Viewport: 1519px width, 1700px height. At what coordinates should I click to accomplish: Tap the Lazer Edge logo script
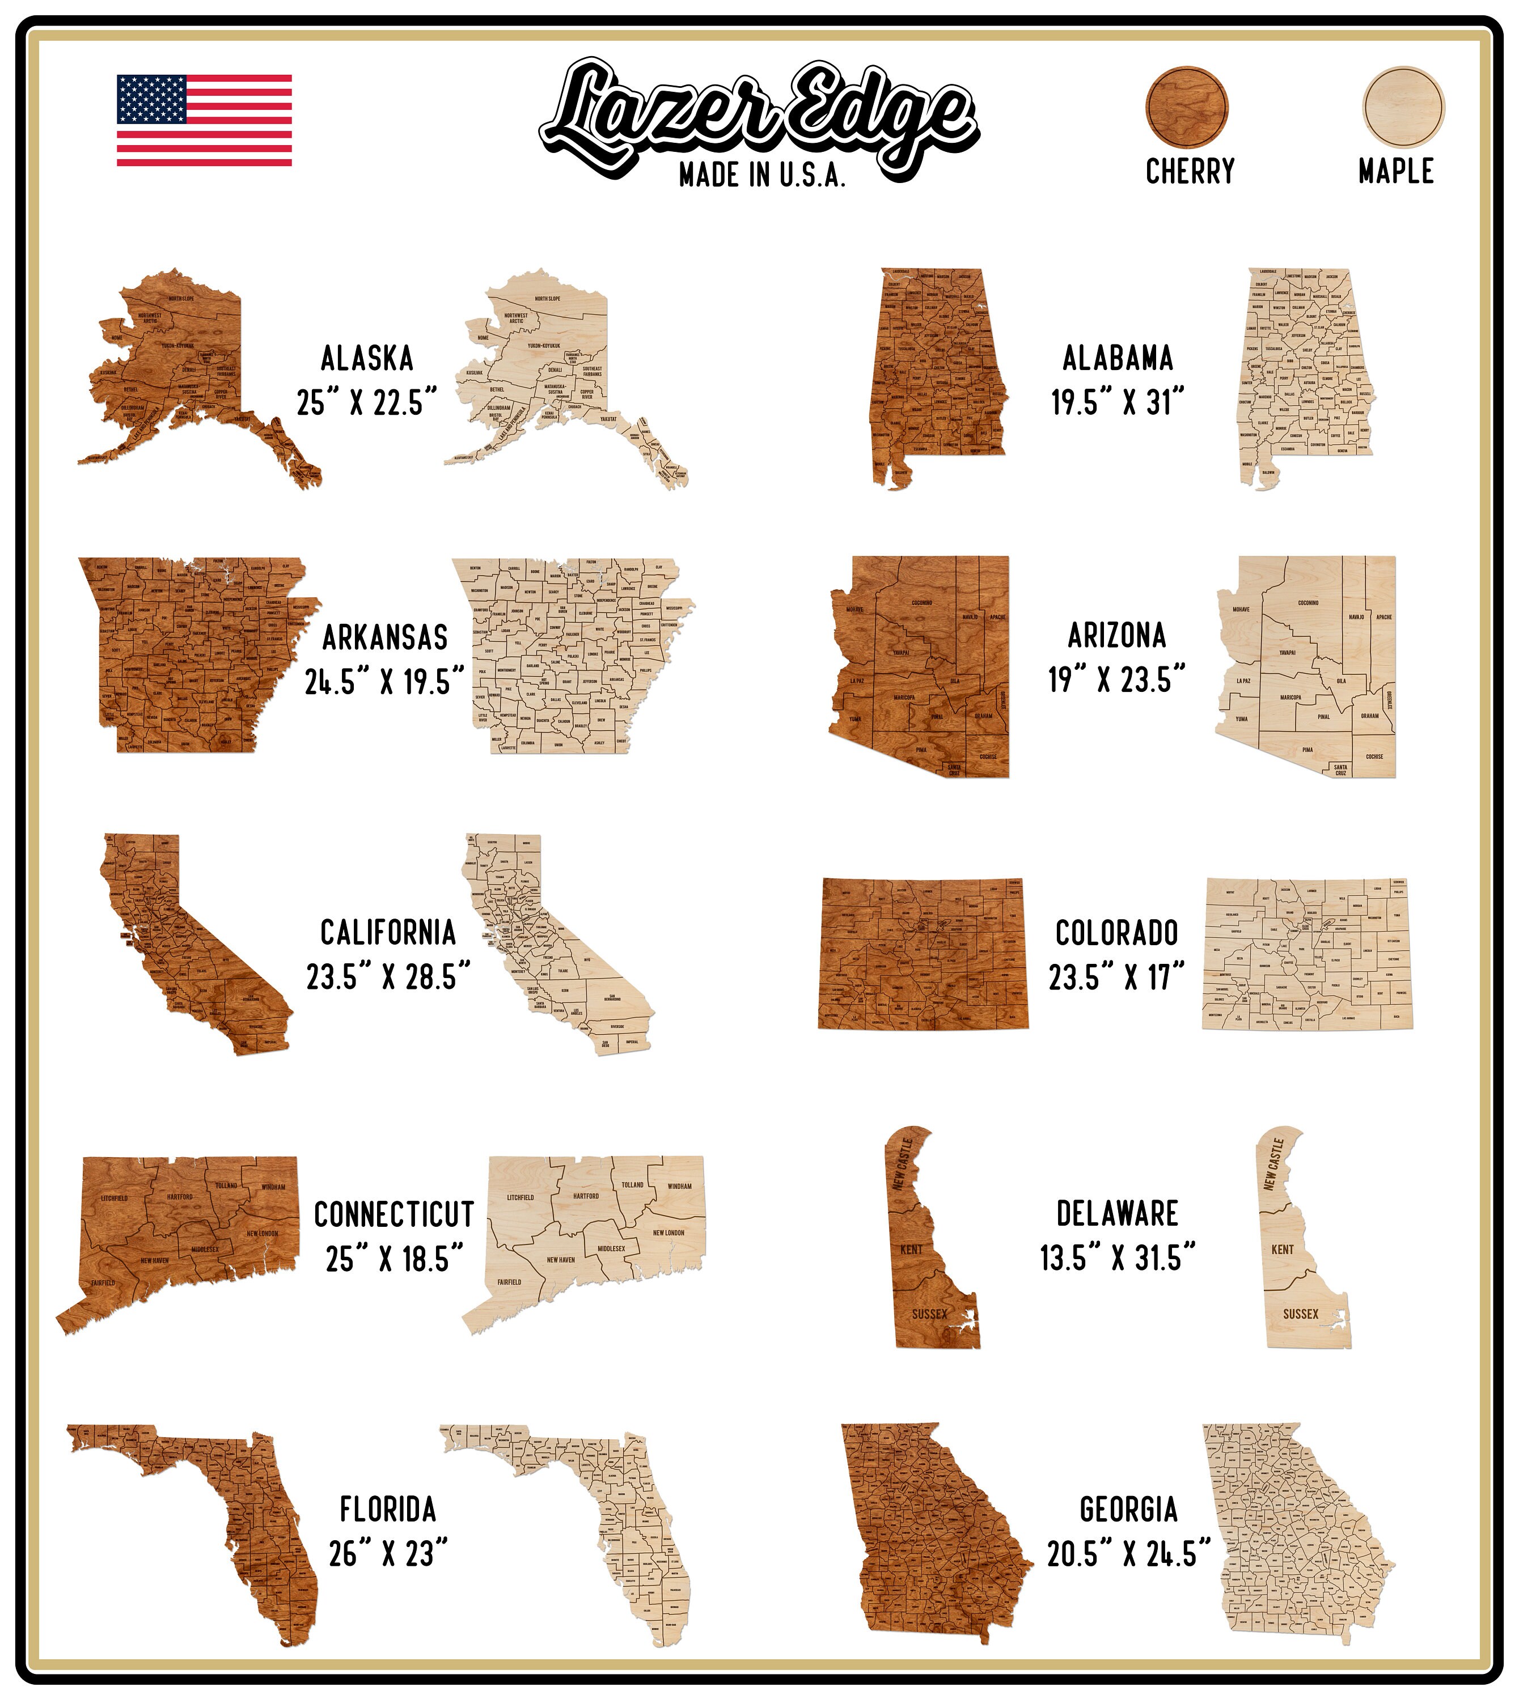click(758, 115)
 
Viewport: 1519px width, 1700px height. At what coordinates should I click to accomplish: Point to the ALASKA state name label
click(367, 359)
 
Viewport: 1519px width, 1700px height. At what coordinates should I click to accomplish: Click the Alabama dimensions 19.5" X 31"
click(1117, 403)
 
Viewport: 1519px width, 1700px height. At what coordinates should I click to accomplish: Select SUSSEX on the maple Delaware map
click(1300, 1314)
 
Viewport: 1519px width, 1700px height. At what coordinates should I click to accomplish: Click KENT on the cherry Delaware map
click(911, 1249)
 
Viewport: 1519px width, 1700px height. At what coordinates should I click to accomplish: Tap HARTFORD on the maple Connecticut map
click(586, 1195)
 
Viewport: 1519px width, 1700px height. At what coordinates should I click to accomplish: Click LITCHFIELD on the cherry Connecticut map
click(115, 1198)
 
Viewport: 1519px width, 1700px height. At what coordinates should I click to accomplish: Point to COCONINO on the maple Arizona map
click(1308, 602)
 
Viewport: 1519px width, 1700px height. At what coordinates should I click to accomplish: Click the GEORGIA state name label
click(1128, 1510)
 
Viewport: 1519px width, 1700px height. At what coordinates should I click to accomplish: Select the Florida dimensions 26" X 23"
click(388, 1554)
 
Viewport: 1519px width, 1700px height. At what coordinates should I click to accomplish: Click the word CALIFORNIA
click(388, 933)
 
